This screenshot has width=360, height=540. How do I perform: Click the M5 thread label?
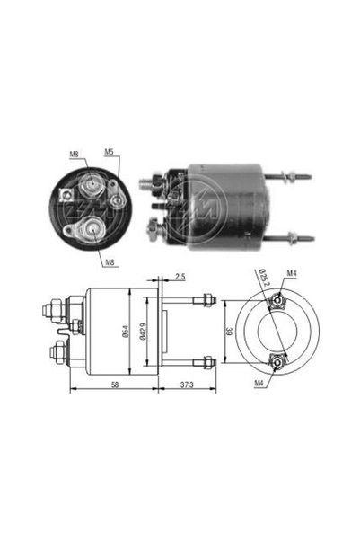[x=110, y=152]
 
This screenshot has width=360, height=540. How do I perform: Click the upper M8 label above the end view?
[x=74, y=154]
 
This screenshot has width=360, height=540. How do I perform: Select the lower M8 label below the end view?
[x=110, y=262]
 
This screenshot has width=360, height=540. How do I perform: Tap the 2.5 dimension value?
[x=180, y=276]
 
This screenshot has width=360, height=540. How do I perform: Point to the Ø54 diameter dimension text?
[x=126, y=332]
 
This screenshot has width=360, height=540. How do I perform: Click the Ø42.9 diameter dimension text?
[x=143, y=332]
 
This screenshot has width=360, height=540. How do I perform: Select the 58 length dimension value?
[x=115, y=385]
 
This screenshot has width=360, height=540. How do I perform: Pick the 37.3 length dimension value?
[x=187, y=385]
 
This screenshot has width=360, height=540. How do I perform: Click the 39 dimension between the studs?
[x=229, y=332]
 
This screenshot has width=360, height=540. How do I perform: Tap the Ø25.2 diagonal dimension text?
[x=263, y=279]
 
